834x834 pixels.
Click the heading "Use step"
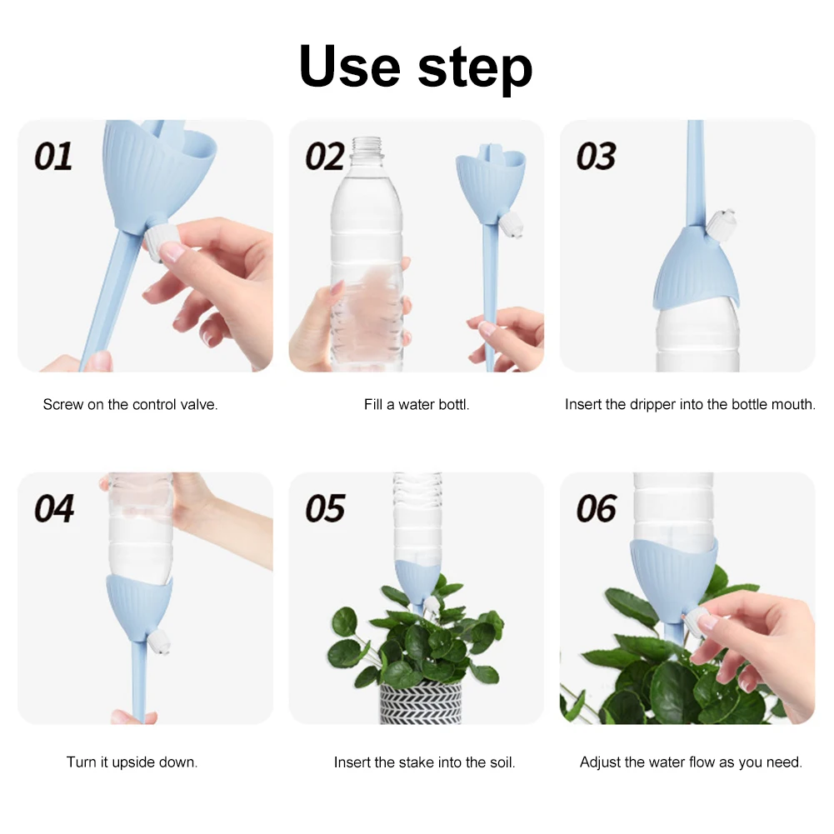point(416,67)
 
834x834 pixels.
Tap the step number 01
point(53,157)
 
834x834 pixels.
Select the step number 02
point(325,157)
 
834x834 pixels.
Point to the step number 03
point(597,157)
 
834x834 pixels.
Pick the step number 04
point(54,508)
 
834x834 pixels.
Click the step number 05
point(325,508)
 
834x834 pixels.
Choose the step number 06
point(597,508)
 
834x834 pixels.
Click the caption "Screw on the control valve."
point(130,405)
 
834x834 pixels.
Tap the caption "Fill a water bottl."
point(417,405)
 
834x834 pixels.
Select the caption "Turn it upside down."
point(132,762)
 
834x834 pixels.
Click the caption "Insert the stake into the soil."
point(424,762)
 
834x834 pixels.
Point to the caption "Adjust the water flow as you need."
point(691,762)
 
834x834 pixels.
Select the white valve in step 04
point(159,641)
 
